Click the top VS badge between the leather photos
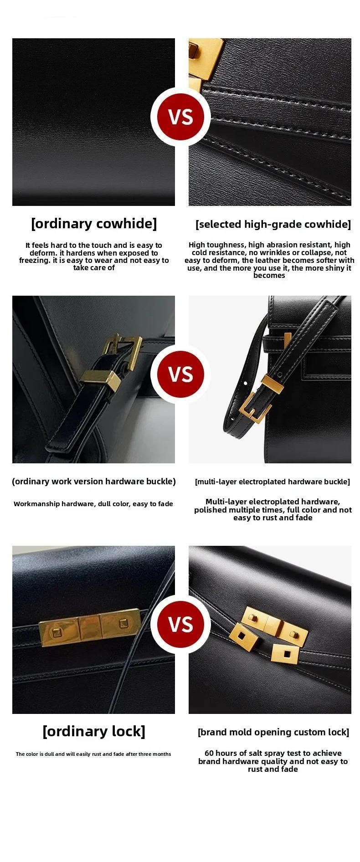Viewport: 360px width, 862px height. coord(181,117)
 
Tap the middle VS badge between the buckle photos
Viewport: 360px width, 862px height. coord(181,374)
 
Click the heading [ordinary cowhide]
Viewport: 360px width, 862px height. coord(94,224)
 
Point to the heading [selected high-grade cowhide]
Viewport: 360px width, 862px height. coord(273,224)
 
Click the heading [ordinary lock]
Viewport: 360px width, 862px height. coord(94,731)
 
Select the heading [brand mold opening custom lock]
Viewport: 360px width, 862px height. coord(273,732)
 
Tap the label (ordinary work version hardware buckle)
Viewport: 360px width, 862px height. coord(94,482)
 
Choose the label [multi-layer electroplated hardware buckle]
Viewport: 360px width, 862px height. coord(273,482)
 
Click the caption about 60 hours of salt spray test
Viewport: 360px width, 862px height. coord(273,761)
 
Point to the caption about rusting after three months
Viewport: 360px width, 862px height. coord(93,754)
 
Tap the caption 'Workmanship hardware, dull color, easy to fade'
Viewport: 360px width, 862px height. coord(93,504)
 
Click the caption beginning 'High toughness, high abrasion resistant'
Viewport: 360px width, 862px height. coord(269,260)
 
